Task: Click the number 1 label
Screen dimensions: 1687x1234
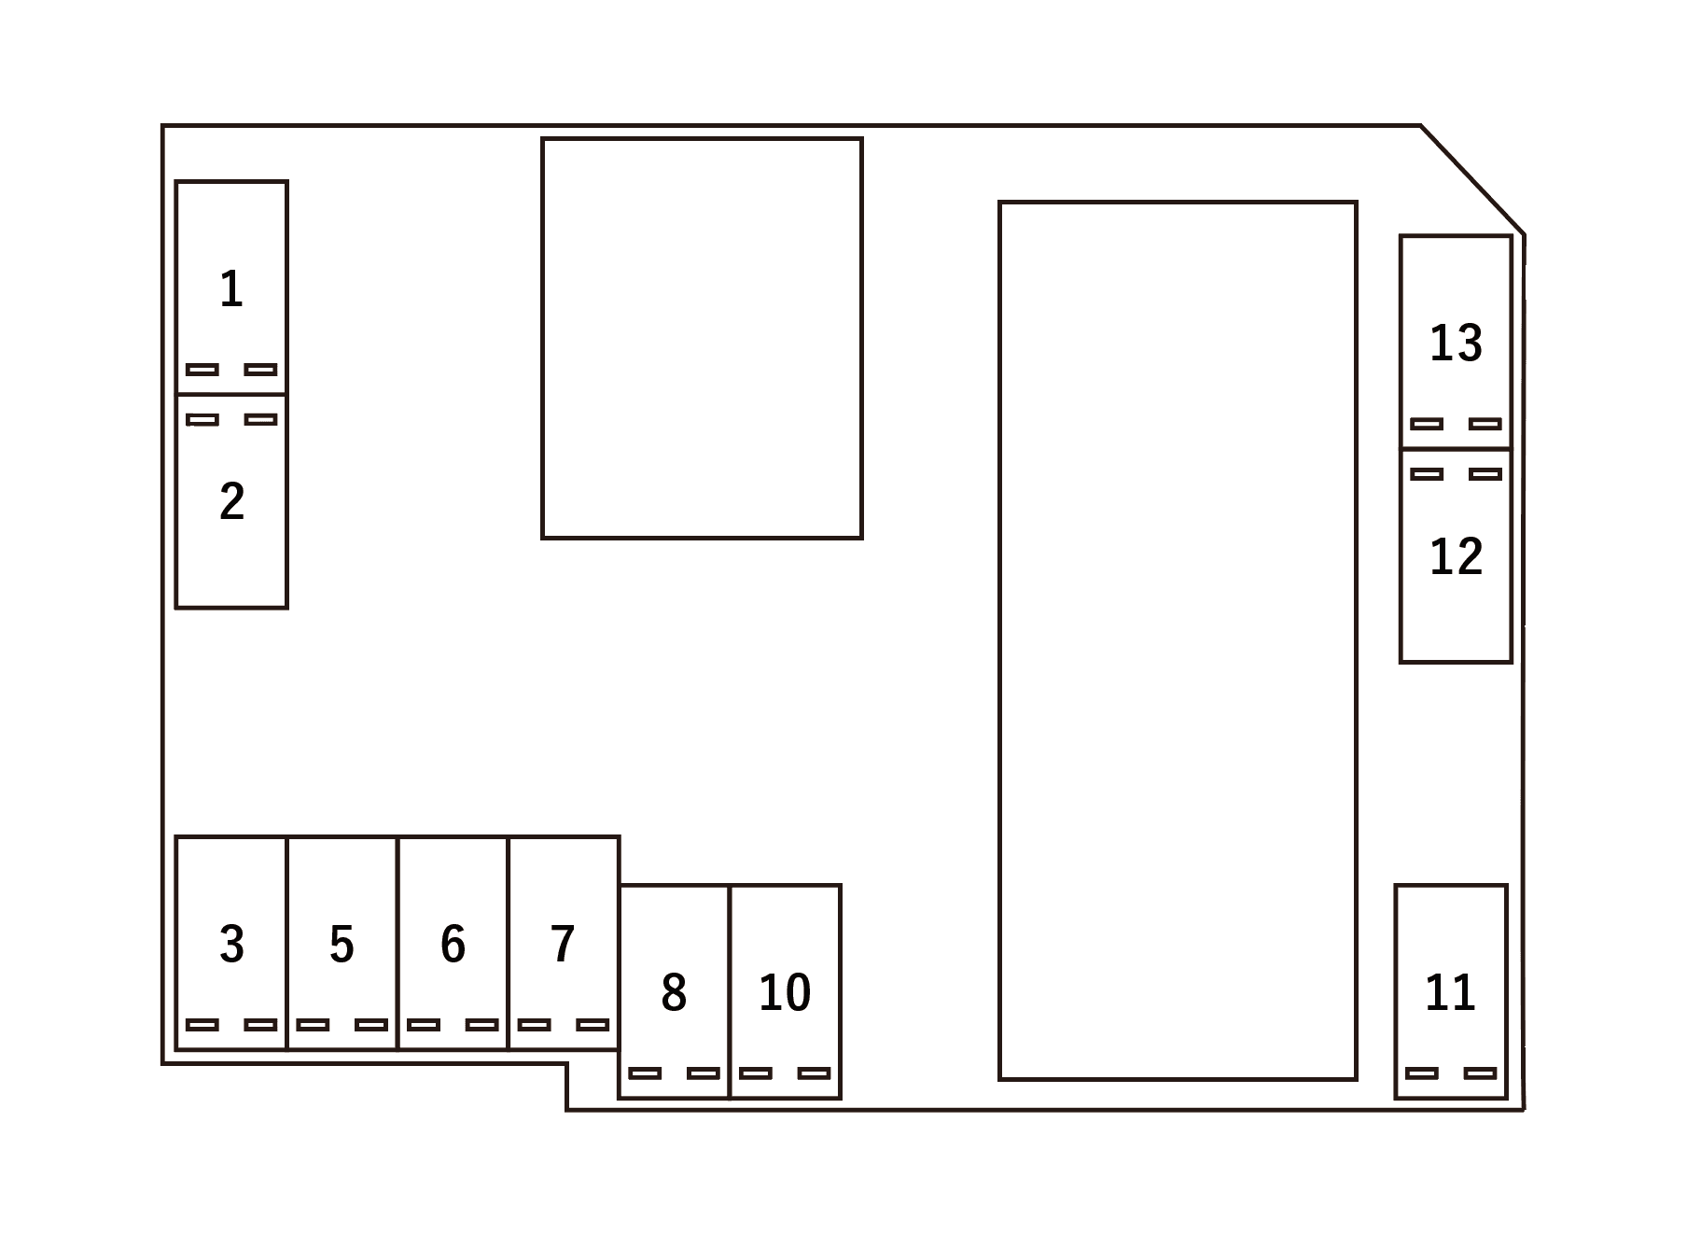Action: pos(231,289)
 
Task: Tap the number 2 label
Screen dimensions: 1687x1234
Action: pos(232,501)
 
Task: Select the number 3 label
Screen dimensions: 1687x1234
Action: pos(232,944)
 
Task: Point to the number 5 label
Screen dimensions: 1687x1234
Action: pos(342,944)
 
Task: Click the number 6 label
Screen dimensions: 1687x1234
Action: pos(453,944)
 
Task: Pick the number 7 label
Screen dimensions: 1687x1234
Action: pos(563,944)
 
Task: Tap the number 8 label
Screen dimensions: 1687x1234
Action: pos(674,992)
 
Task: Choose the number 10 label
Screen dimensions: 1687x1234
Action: pos(785,992)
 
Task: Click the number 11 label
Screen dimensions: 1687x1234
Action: pos(1451,992)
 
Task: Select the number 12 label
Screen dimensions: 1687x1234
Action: pos(1457,556)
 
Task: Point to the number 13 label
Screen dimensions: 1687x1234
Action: pos(1457,343)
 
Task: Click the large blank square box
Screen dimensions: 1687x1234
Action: pos(702,338)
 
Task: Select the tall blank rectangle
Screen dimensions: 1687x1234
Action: pos(1178,640)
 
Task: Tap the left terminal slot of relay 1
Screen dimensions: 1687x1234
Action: pos(202,370)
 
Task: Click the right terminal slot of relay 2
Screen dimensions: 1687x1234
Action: pos(261,419)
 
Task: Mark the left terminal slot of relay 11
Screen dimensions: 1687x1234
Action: pos(1422,1073)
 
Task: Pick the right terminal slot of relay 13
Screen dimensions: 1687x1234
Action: pos(1485,424)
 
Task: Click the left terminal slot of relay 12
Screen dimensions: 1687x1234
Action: pos(1427,474)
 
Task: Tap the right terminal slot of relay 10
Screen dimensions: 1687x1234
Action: pos(815,1073)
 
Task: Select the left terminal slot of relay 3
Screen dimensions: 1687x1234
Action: pos(202,1025)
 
